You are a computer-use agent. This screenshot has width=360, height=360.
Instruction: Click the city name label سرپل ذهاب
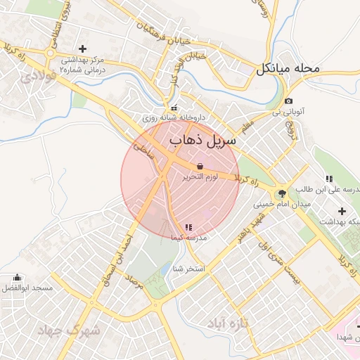pyautogui.click(x=200, y=141)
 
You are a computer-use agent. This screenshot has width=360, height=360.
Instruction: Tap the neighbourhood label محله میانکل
pyautogui.click(x=288, y=69)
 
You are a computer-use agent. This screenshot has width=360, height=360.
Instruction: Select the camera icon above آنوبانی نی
pyautogui.click(x=288, y=101)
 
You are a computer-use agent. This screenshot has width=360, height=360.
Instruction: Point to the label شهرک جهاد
pyautogui.click(x=70, y=330)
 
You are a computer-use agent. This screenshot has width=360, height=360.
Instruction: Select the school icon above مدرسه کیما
pyautogui.click(x=188, y=227)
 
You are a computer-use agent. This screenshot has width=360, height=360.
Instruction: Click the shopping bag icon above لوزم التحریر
pyautogui.click(x=200, y=166)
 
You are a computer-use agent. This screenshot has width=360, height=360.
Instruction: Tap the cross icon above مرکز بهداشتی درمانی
pyautogui.click(x=83, y=49)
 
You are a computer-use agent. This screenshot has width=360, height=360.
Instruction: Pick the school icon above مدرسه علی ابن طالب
pyautogui.click(x=329, y=179)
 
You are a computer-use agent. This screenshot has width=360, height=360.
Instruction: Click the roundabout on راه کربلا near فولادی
pyautogui.click(x=51, y=53)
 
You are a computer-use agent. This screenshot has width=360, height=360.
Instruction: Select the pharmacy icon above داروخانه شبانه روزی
pyautogui.click(x=174, y=108)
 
